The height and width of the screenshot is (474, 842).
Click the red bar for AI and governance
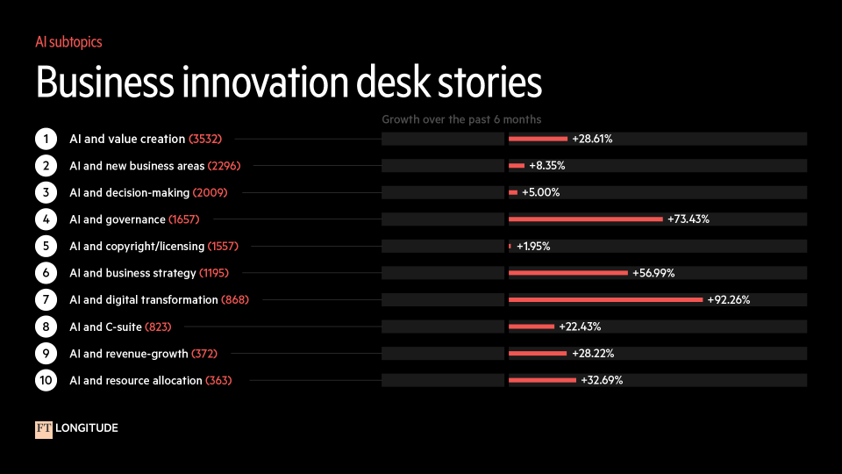585,219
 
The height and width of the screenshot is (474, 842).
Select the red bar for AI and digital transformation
605,300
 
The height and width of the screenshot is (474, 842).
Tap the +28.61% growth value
592,139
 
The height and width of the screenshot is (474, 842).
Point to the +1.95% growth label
533,247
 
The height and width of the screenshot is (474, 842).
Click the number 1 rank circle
46,139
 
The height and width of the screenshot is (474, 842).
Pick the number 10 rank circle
46,380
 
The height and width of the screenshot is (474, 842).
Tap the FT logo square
44,428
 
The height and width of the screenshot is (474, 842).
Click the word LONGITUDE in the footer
87,428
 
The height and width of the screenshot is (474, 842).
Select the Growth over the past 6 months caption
461,119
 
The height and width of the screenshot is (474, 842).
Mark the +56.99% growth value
653,273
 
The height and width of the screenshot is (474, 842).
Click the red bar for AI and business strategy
568,273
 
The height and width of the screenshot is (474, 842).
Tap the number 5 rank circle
46,247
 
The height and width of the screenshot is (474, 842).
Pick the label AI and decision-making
128,192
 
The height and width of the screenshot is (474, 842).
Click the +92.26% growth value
728,300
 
